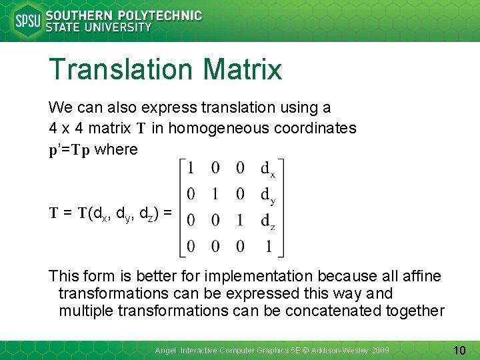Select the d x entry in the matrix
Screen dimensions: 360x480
click(268, 170)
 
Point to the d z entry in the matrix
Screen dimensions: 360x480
click(268, 221)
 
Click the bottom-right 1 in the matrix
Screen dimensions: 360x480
click(268, 247)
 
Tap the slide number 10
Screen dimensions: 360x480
click(459, 349)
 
